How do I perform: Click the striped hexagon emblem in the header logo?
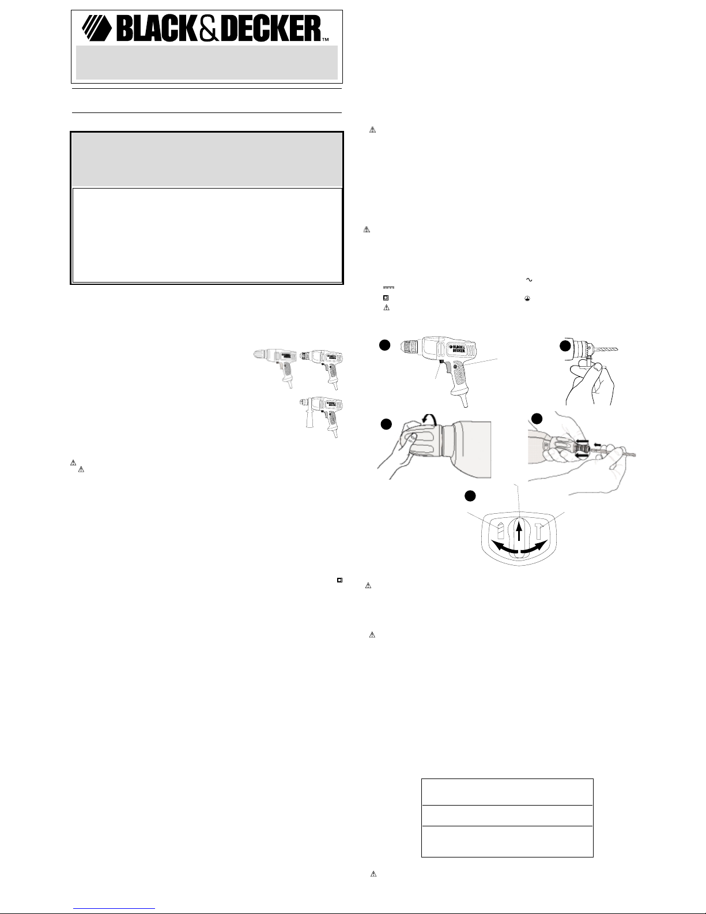[97, 28]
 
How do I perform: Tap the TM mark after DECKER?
[325, 40]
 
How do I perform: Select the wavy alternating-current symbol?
[528, 280]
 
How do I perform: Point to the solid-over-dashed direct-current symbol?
[388, 288]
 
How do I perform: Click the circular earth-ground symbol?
[527, 298]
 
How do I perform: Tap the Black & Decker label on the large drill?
[458, 348]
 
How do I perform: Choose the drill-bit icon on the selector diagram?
[500, 531]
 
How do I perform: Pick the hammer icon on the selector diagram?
[539, 531]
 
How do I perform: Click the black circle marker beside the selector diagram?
[470, 497]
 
